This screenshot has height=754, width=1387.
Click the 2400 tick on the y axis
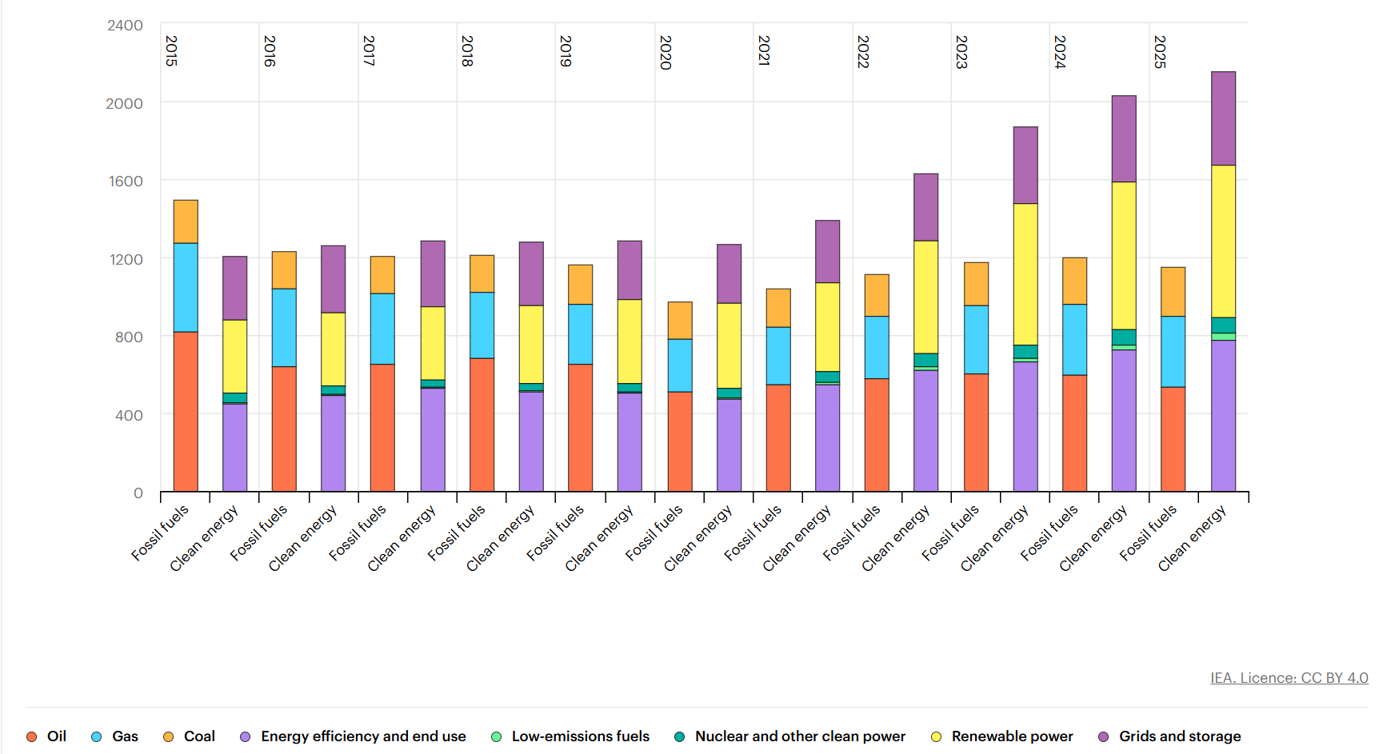point(126,26)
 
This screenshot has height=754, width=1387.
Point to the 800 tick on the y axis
point(129,337)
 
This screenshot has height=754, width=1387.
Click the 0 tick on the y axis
point(138,493)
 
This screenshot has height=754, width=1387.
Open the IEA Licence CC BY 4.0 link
point(1289,678)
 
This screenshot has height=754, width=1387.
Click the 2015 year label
point(171,50)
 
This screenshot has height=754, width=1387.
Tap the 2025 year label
point(1160,52)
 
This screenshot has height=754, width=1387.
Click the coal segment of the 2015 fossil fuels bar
point(186,221)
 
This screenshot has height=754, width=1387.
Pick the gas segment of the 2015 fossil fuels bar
point(186,287)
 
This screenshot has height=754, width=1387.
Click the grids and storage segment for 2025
point(1223,118)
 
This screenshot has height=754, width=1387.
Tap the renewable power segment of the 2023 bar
point(1025,274)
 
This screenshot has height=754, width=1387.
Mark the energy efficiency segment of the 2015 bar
point(234,447)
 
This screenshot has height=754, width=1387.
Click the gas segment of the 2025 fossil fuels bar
point(1173,352)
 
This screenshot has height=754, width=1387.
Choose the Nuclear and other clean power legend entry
point(799,736)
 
